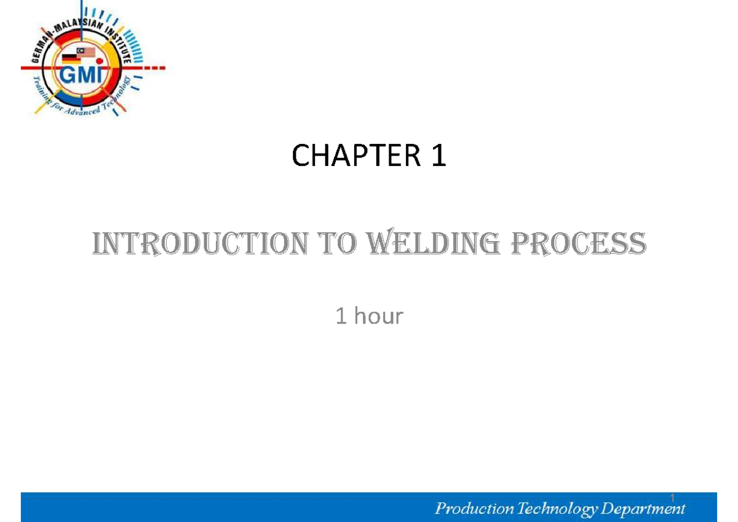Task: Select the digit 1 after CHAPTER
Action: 438,157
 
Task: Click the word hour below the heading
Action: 378,317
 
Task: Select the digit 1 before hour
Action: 341,317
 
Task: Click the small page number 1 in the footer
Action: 673,497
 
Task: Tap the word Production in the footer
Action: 474,508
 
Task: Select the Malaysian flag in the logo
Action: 86,52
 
